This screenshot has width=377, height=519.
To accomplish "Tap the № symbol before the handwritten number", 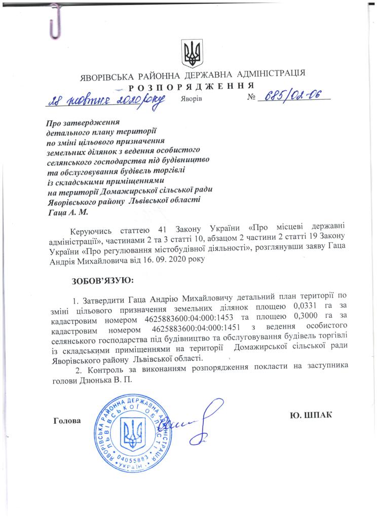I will pos(252,98).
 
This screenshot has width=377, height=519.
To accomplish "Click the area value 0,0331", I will pos(306,307).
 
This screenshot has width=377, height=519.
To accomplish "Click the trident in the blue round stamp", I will pos(135,429).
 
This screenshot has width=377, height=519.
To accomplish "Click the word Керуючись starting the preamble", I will pos(89,231).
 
